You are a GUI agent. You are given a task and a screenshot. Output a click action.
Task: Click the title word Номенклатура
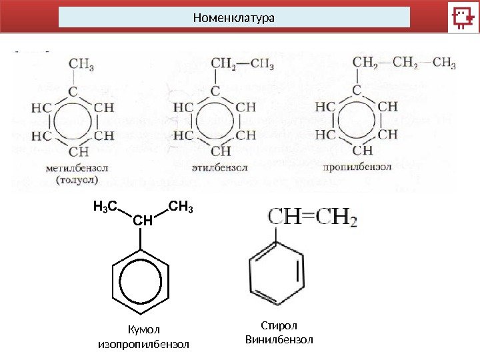[233, 17]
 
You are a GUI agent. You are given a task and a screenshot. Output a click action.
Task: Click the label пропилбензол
[357, 167]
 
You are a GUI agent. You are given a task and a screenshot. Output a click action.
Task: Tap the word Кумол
[144, 329]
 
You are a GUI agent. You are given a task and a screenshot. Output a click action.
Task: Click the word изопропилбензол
[144, 345]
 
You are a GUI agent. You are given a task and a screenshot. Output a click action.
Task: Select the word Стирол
[278, 325]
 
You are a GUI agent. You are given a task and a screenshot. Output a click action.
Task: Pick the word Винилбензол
[279, 340]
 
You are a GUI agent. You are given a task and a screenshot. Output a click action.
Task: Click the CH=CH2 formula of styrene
[313, 217]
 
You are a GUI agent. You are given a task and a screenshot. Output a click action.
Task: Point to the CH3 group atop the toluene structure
[81, 65]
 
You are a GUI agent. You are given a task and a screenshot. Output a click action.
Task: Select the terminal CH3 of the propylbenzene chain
[444, 64]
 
